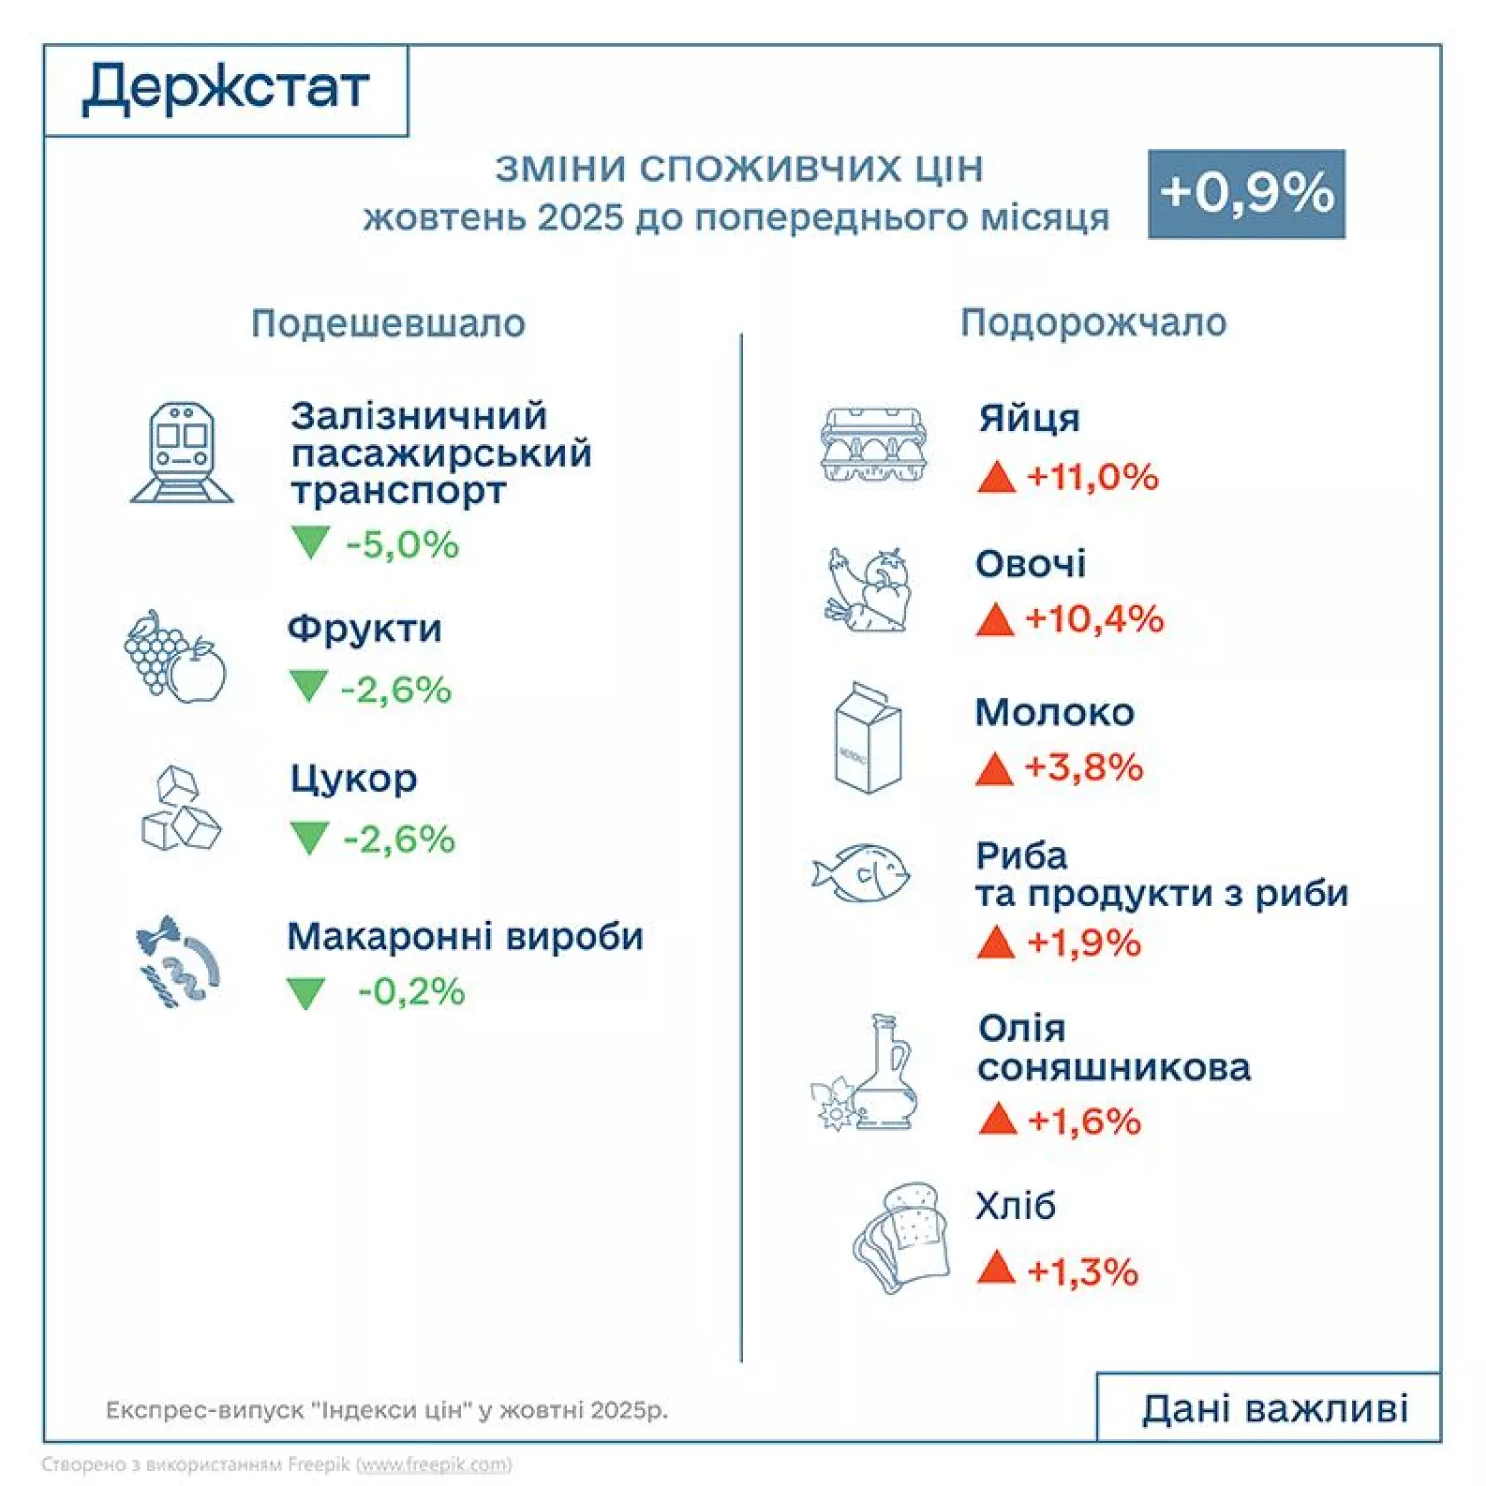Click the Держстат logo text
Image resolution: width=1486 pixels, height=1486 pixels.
click(225, 88)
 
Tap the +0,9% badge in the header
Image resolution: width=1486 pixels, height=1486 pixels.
click(1246, 193)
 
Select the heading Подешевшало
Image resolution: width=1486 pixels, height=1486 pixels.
click(387, 323)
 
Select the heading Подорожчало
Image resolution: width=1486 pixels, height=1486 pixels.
click(1093, 322)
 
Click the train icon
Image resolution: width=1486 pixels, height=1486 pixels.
click(181, 453)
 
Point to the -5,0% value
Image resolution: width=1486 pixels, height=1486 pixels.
click(401, 544)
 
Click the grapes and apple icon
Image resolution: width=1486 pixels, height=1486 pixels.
click(174, 657)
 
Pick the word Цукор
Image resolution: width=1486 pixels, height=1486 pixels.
click(354, 779)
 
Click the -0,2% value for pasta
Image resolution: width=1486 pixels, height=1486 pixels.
click(410, 991)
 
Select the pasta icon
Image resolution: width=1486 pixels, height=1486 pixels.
click(176, 962)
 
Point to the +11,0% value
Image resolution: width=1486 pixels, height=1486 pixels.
click(1092, 477)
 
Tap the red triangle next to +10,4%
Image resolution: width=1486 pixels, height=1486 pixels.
click(995, 620)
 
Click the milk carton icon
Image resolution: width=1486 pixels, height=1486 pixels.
click(868, 737)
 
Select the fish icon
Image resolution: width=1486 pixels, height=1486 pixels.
click(862, 873)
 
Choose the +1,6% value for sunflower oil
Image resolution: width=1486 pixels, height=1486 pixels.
click(1084, 1120)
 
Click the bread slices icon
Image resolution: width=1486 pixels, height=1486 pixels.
click(898, 1237)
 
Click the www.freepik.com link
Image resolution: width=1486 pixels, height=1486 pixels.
click(434, 1464)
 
